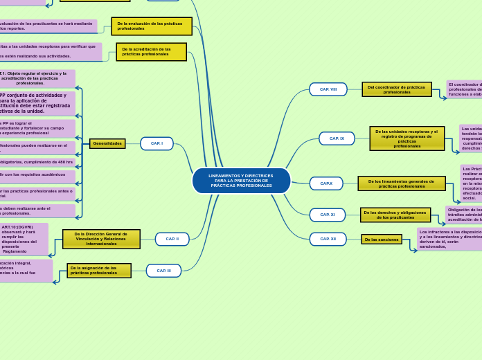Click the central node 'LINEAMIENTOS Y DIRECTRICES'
tap(241, 181)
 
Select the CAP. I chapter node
tap(157, 143)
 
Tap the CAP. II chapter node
tap(172, 239)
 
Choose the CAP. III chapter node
tap(163, 271)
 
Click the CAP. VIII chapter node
tap(328, 89)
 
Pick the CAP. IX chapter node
tap(337, 138)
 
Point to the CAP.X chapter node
tap(326, 183)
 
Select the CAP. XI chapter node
tap(327, 215)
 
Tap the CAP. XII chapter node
tap(328, 239)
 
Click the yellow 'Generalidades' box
tap(107, 143)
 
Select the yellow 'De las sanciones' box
tap(381, 240)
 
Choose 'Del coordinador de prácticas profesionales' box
tap(396, 89)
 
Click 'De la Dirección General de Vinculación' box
tap(101, 239)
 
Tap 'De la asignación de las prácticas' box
tap(99, 270)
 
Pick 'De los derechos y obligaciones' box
tap(395, 215)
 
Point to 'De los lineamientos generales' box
tap(401, 183)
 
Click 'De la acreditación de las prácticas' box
tap(151, 52)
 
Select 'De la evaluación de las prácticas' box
tap(152, 26)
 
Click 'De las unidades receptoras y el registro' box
tap(407, 138)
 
